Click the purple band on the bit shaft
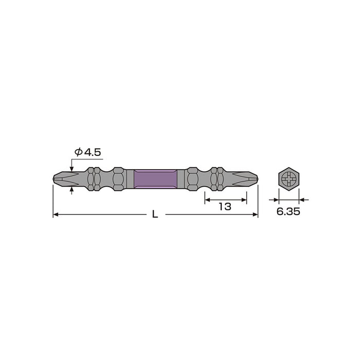(155, 178)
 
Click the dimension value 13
(225, 206)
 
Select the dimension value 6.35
(289, 212)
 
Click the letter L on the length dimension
(155, 214)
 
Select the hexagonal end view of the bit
(289, 178)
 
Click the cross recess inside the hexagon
(289, 178)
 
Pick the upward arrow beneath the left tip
(71, 190)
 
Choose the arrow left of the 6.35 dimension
(275, 199)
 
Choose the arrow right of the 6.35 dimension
(303, 199)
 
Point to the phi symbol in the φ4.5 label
(78, 152)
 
